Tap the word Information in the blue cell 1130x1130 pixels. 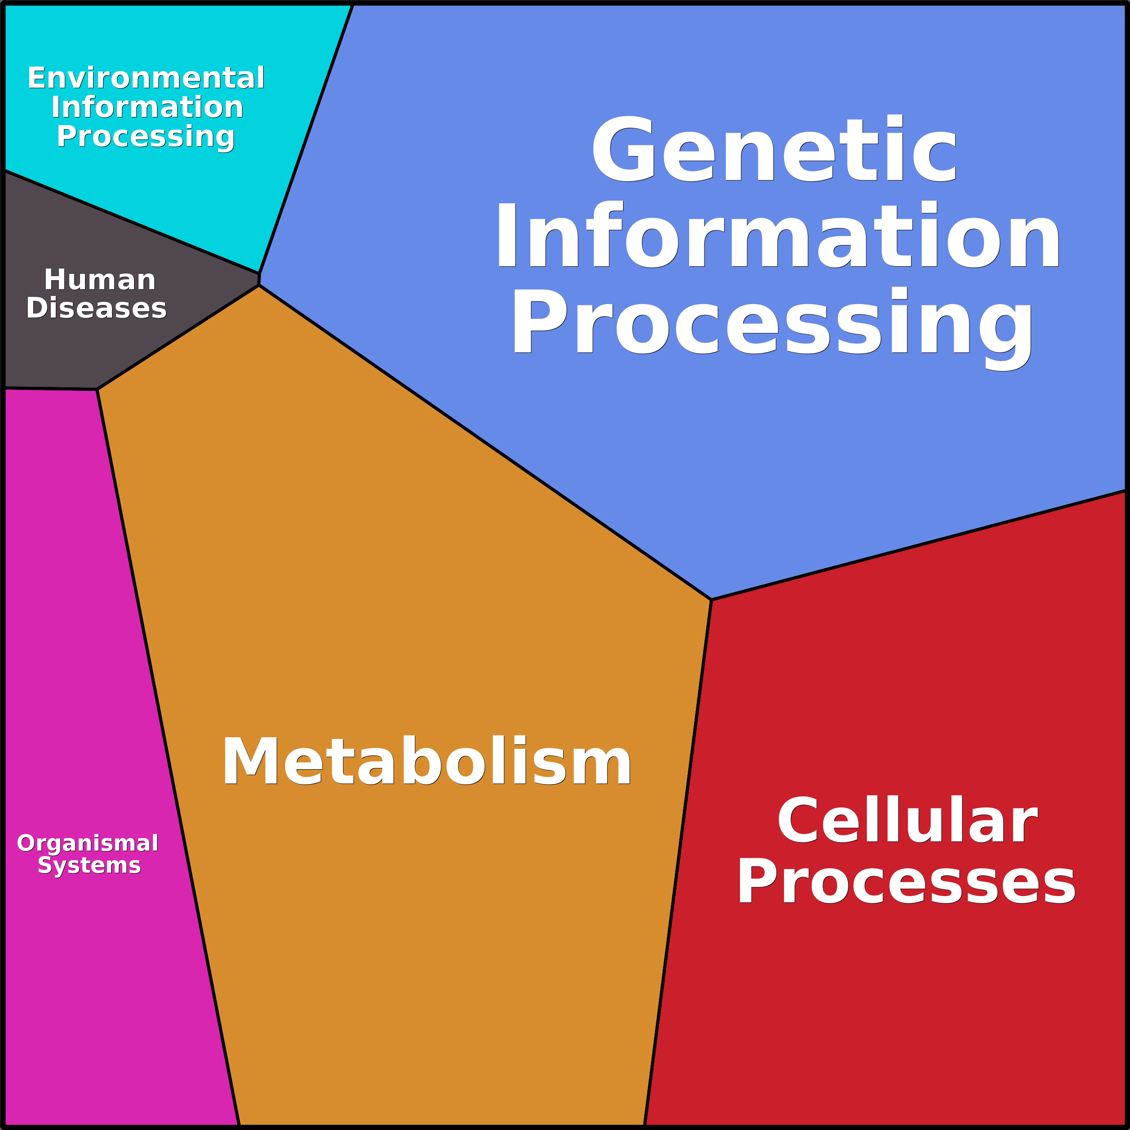tap(778, 236)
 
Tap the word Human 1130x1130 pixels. tap(100, 280)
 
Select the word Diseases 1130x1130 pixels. tap(97, 308)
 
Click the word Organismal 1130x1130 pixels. tap(88, 843)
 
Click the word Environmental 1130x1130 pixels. tap(146, 78)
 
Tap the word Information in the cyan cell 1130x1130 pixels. tap(147, 108)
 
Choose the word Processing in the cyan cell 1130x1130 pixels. tap(146, 137)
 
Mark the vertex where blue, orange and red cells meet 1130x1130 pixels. tap(711, 600)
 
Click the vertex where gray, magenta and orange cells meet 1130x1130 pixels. tap(98, 390)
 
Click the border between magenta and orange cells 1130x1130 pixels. tap(168, 754)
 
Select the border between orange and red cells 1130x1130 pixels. tap(678, 860)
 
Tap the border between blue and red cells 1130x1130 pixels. tap(918, 546)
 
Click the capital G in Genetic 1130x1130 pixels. tap(622, 149)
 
